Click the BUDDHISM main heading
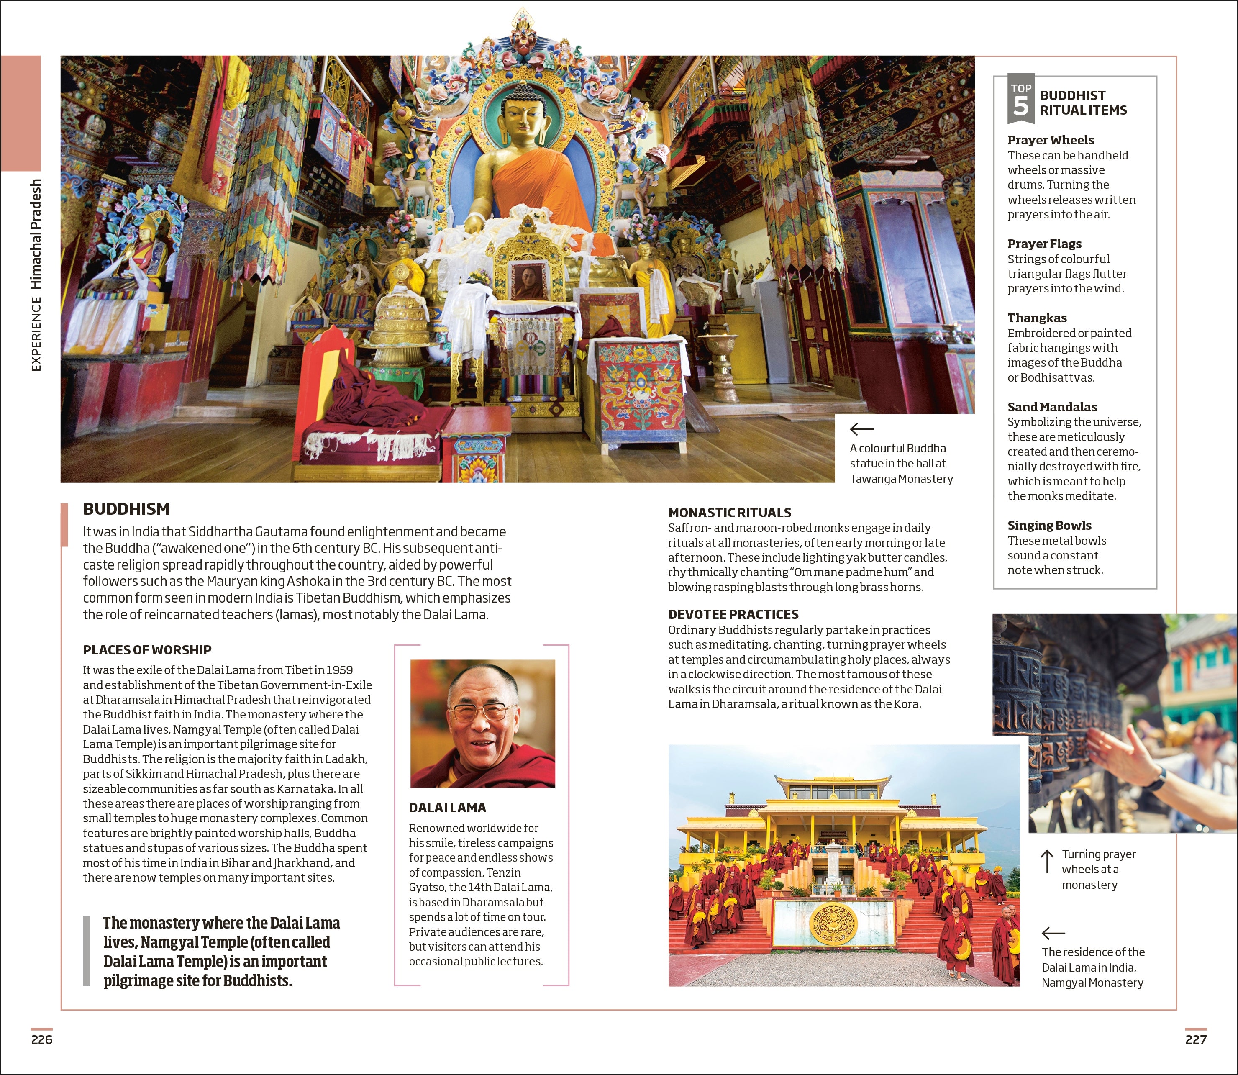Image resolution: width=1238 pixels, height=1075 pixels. pyautogui.click(x=126, y=509)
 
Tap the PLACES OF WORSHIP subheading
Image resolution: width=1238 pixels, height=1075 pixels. pyautogui.click(x=147, y=650)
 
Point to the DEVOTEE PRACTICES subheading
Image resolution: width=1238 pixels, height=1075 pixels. pyautogui.click(x=733, y=614)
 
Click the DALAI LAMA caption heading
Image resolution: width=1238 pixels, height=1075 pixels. pyautogui.click(x=447, y=808)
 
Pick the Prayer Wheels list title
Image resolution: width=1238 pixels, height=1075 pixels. pyautogui.click(x=1050, y=140)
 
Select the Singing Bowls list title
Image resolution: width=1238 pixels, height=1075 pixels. pyautogui.click(x=1049, y=526)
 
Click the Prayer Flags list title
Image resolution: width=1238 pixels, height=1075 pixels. pyautogui.click(x=1044, y=244)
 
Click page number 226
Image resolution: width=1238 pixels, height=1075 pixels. pyautogui.click(x=42, y=1039)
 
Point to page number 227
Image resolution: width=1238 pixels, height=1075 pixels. pyautogui.click(x=1195, y=1039)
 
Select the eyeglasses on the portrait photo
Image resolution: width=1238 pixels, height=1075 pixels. pyautogui.click(x=480, y=713)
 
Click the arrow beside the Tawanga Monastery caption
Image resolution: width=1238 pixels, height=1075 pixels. pyautogui.click(x=861, y=429)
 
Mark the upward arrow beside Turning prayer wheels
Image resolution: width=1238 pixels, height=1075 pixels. pyautogui.click(x=1047, y=862)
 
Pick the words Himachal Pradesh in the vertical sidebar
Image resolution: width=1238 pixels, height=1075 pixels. pyautogui.click(x=36, y=234)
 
